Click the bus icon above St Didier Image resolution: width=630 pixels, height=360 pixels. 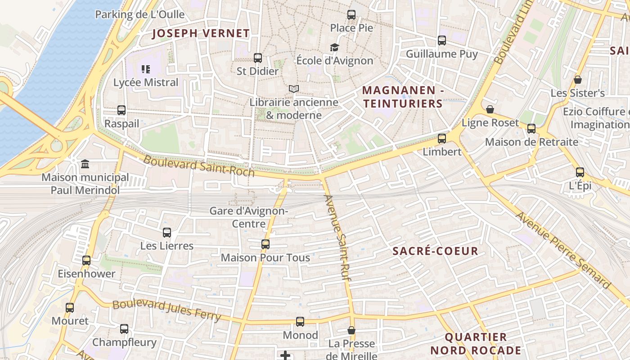point(258,58)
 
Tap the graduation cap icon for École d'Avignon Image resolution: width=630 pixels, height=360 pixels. point(334,47)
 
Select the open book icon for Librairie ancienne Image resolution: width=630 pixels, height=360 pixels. point(294,89)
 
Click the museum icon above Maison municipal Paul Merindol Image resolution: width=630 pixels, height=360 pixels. point(85,164)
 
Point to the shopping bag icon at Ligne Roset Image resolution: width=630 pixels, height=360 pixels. point(490,109)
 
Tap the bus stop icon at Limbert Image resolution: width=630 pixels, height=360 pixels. point(442,138)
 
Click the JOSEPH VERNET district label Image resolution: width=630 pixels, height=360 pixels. point(201,33)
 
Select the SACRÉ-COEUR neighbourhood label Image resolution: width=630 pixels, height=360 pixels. point(435,251)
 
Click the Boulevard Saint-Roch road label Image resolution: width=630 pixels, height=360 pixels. point(199,166)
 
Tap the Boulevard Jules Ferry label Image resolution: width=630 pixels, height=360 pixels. point(166,311)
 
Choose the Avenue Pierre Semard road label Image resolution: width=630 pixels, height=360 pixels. point(562,250)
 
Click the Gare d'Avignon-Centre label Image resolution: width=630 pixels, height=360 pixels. point(249,217)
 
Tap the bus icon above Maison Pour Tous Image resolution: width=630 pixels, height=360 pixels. point(265,244)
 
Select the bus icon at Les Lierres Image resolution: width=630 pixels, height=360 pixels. point(167,233)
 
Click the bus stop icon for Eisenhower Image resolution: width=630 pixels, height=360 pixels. point(86,261)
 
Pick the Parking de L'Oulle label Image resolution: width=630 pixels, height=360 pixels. point(140,14)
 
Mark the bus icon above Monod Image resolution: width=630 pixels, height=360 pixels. point(300,322)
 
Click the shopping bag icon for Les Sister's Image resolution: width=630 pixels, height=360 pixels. point(578,80)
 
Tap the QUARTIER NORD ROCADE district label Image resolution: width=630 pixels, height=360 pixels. point(476,343)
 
